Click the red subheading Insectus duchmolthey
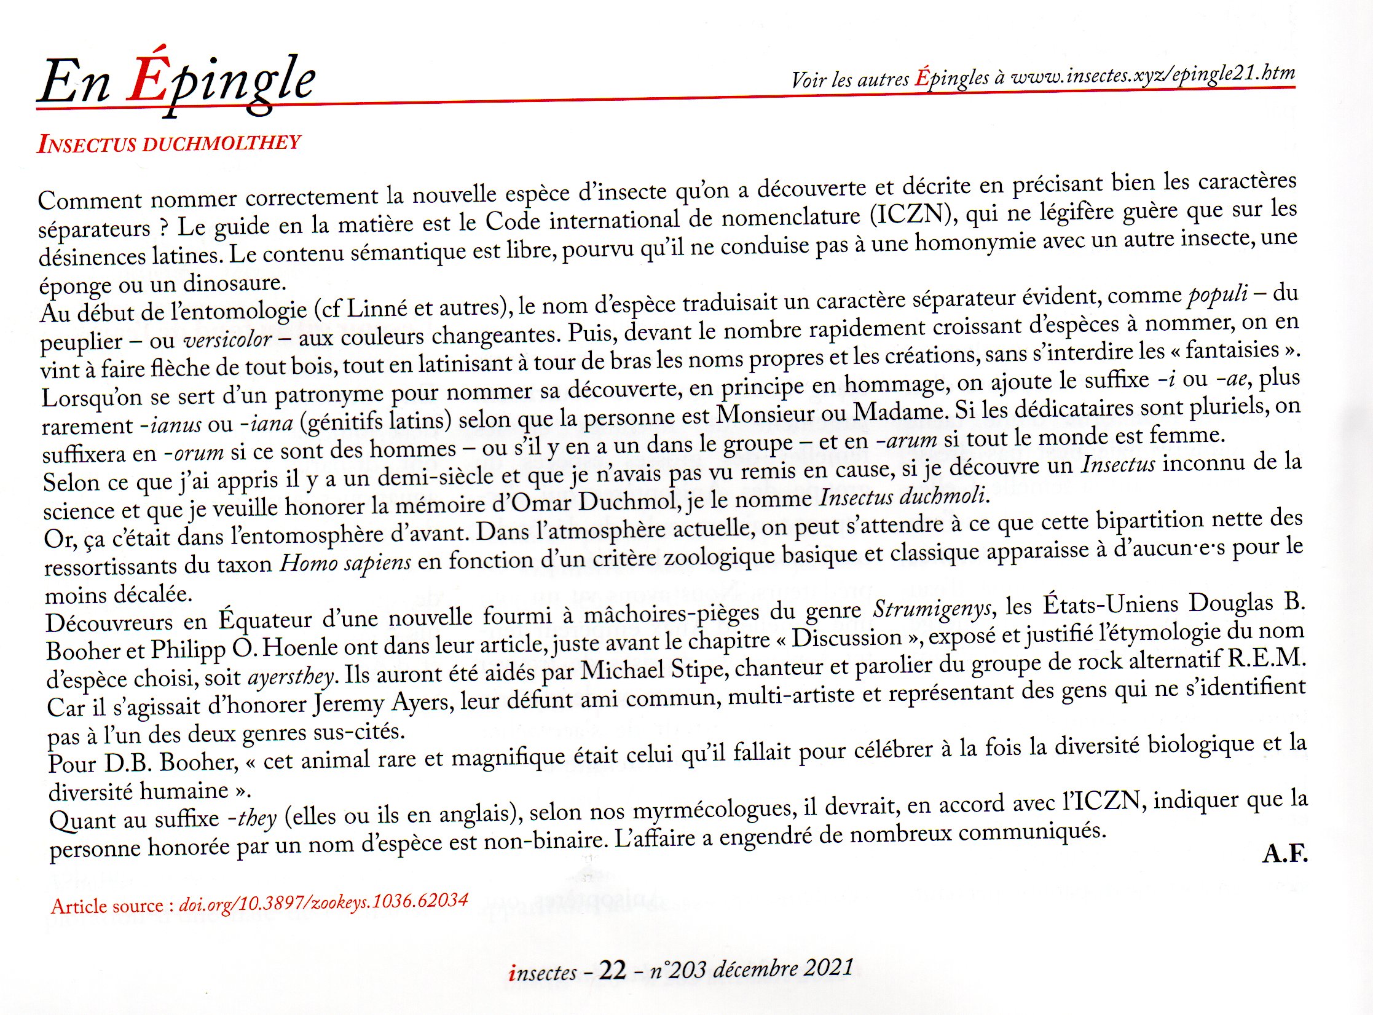[x=168, y=143]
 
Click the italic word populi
[x=1218, y=293]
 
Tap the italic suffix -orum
[x=193, y=453]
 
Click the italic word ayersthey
[x=291, y=677]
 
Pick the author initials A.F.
[x=1284, y=854]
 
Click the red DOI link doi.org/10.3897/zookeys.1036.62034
[x=323, y=902]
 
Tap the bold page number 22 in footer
[x=612, y=971]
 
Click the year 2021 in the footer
[x=828, y=968]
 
